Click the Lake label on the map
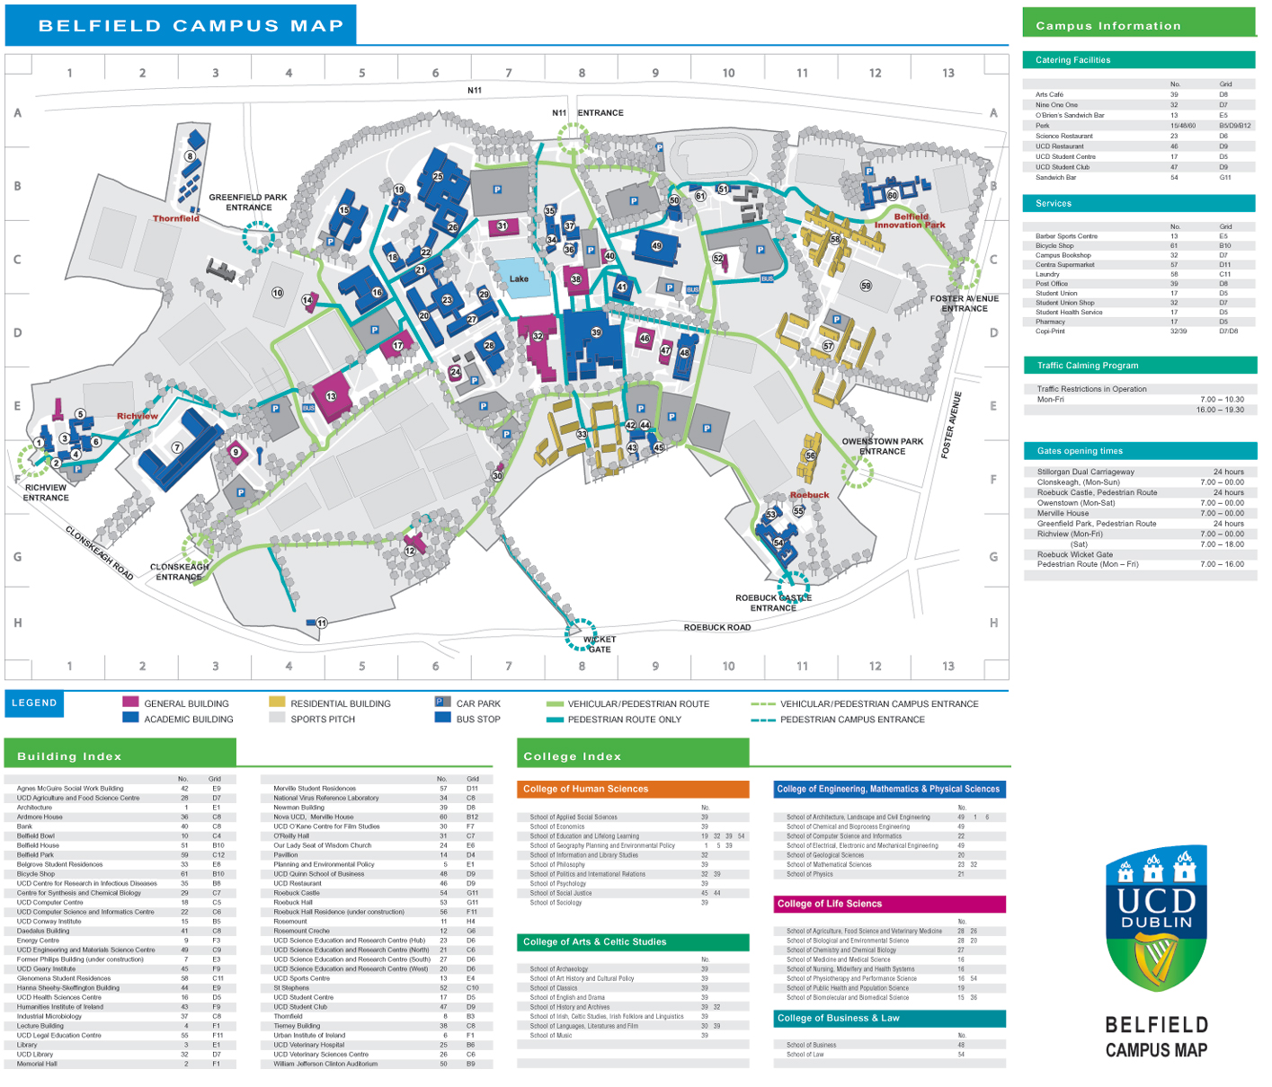tap(519, 278)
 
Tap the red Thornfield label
tap(175, 218)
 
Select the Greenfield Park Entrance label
tap(248, 202)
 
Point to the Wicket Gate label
tap(600, 644)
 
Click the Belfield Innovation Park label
tap(910, 221)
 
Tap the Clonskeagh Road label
tap(99, 552)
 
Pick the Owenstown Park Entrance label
tap(882, 446)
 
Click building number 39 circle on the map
tap(596, 332)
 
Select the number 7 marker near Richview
tap(177, 447)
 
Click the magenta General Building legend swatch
tap(130, 703)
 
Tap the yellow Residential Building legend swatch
tap(277, 703)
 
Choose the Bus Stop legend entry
tap(467, 719)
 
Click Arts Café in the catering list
tap(1049, 94)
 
